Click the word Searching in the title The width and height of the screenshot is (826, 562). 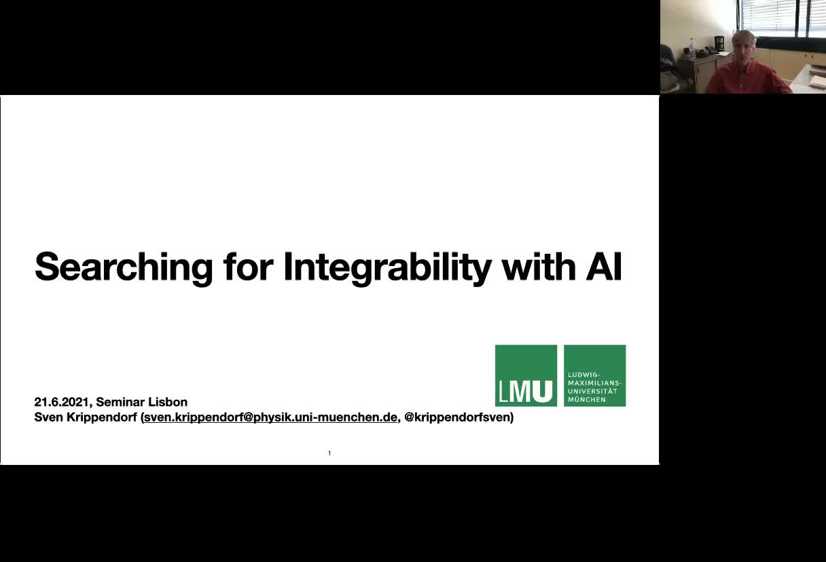(x=124, y=268)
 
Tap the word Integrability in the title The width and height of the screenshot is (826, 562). (x=387, y=268)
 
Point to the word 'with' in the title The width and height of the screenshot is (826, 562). (x=539, y=266)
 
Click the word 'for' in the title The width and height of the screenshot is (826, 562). (x=248, y=266)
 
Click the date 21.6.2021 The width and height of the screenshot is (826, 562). (x=62, y=402)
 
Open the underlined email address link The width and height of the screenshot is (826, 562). (x=270, y=417)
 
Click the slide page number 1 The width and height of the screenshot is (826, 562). (x=329, y=453)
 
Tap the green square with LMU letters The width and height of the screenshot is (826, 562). (x=526, y=375)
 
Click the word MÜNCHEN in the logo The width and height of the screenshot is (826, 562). (x=587, y=400)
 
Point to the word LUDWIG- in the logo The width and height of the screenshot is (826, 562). (x=584, y=375)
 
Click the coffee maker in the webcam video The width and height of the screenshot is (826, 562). (x=719, y=45)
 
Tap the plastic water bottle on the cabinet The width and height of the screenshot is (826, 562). (x=692, y=49)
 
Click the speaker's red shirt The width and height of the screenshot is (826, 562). (x=746, y=77)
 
